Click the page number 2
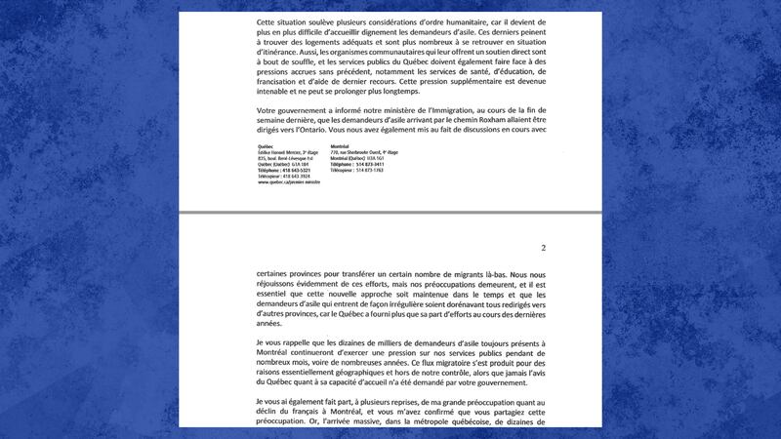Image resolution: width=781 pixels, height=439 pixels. [x=543, y=248]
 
